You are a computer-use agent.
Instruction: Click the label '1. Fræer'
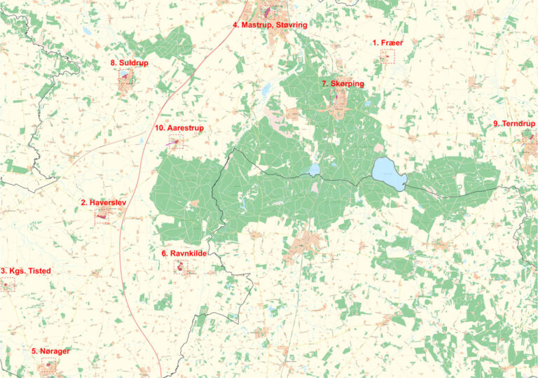[387, 43]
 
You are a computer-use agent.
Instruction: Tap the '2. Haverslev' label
[104, 202]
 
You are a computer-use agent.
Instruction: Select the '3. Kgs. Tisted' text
[26, 271]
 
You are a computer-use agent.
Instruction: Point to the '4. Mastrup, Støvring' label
[270, 25]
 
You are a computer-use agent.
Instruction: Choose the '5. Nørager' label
[50, 351]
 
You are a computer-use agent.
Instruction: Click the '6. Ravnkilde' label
[184, 253]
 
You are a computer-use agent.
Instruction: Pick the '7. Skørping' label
[343, 84]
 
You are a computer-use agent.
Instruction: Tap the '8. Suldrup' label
[130, 63]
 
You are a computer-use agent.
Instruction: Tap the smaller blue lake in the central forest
[314, 170]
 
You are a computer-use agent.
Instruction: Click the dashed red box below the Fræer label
[387, 56]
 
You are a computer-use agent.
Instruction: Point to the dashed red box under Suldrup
[125, 76]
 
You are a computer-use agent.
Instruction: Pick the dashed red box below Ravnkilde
[181, 267]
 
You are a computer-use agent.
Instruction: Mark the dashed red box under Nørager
[48, 365]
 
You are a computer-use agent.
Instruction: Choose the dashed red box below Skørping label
[340, 97]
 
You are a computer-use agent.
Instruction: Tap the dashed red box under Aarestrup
[174, 141]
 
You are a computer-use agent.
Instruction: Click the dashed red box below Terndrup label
[529, 137]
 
